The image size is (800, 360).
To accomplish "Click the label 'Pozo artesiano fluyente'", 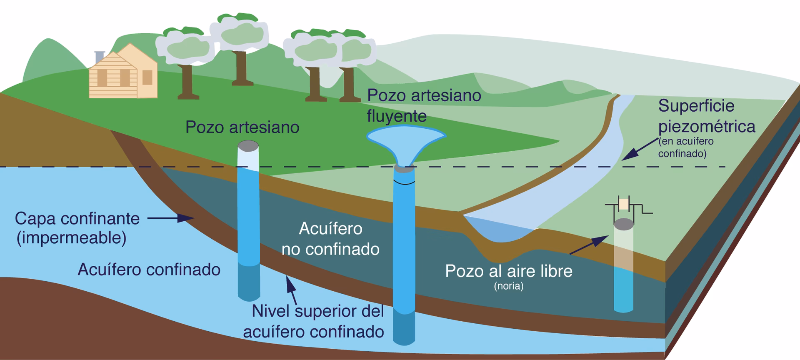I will click(x=424, y=105).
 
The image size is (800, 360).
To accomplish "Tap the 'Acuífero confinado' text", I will click(x=149, y=270).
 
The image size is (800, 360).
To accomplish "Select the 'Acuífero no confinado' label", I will click(x=330, y=239).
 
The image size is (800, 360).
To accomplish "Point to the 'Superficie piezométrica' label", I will click(x=706, y=116).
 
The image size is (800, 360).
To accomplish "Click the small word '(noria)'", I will click(x=508, y=286).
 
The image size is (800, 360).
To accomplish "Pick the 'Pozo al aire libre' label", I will click(x=508, y=271).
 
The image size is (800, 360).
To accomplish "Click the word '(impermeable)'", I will click(x=71, y=238).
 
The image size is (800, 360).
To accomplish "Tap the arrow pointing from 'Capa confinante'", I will click(x=171, y=218).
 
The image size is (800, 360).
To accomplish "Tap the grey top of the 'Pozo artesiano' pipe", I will click(x=248, y=146).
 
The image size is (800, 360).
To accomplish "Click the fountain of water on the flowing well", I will click(x=405, y=142).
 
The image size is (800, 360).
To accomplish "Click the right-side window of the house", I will click(x=147, y=77).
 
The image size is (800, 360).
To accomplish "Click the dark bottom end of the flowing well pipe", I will click(x=404, y=329).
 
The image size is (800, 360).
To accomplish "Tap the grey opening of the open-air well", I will click(x=624, y=224).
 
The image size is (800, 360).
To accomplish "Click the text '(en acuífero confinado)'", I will click(x=685, y=147).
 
